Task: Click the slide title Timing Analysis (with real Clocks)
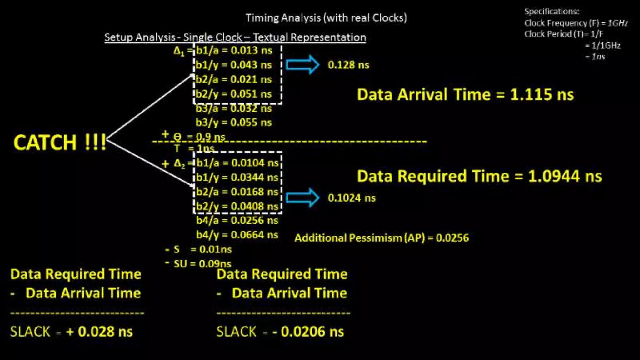click(x=326, y=18)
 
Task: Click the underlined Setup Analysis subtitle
click(x=235, y=37)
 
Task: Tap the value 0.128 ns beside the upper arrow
click(x=348, y=65)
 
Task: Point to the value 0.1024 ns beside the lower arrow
click(x=352, y=198)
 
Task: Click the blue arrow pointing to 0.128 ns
click(x=302, y=65)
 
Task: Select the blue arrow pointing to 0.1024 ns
click(x=302, y=198)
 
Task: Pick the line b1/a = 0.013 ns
click(x=234, y=50)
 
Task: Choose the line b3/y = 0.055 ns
click(x=234, y=122)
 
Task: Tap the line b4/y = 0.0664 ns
click(x=237, y=235)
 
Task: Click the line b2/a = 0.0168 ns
click(x=237, y=192)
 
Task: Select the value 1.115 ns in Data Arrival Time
click(x=542, y=95)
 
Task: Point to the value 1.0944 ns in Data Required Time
click(x=565, y=176)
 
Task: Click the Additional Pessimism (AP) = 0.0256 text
click(x=382, y=238)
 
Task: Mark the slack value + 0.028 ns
click(x=99, y=332)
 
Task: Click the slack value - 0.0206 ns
click(x=308, y=332)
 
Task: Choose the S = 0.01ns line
click(x=202, y=249)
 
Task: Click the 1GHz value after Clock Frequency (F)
click(x=618, y=23)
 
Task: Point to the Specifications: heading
click(x=552, y=12)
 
